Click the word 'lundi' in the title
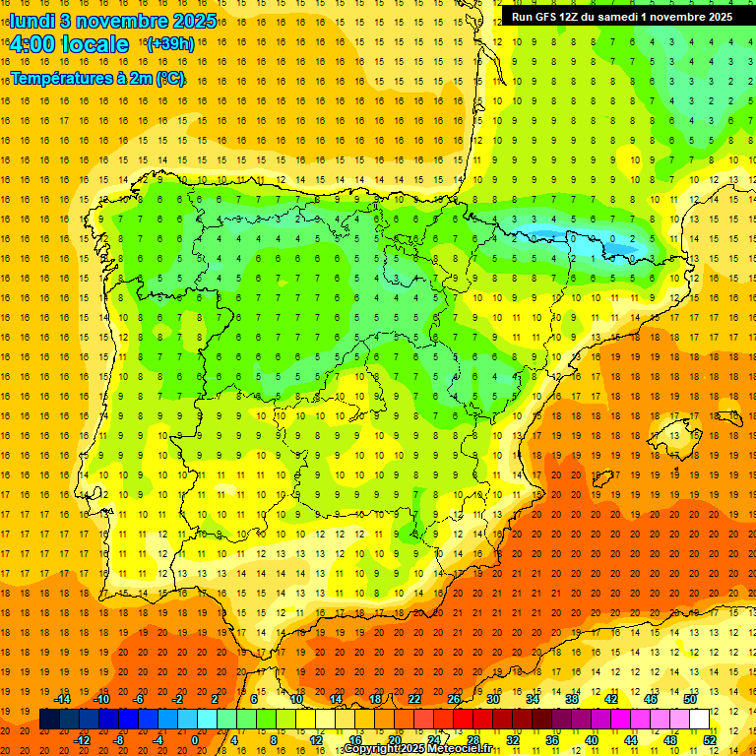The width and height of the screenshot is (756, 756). [x=31, y=20]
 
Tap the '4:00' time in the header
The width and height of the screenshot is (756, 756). [x=32, y=44]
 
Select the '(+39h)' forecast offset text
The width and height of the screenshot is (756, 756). [x=169, y=44]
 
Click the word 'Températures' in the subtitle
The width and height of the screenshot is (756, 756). [x=62, y=78]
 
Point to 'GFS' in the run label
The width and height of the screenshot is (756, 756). [x=547, y=17]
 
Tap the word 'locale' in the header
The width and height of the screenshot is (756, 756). [x=94, y=44]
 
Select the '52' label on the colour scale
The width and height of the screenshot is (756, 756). [x=710, y=739]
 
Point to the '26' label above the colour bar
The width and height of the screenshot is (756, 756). [x=454, y=699]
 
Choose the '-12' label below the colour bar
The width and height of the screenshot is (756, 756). [x=82, y=739]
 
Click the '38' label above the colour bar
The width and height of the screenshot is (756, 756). [x=572, y=699]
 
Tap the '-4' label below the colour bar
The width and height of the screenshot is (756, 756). [x=157, y=739]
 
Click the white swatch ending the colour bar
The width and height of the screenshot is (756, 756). [x=700, y=720]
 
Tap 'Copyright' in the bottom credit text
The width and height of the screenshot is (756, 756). [x=375, y=749]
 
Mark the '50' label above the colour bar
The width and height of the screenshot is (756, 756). [x=690, y=699]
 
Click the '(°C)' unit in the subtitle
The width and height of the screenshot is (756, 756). [x=169, y=78]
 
